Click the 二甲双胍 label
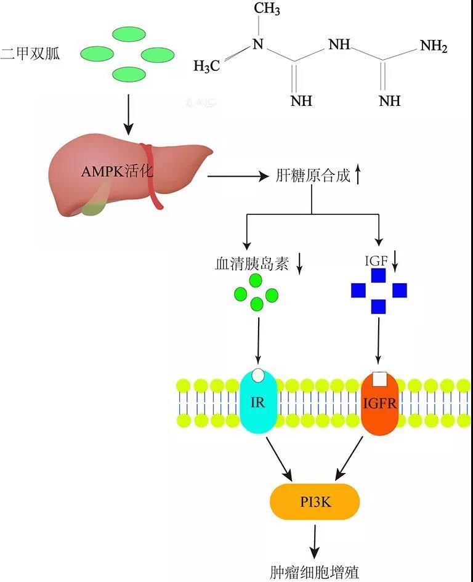tap(30, 53)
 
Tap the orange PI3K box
tap(315, 502)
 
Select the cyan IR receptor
tap(259, 403)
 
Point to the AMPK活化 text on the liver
tap(117, 171)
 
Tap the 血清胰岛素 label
tap(252, 264)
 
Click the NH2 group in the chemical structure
tap(433, 47)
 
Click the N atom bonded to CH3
tap(258, 45)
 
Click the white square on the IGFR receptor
tap(380, 378)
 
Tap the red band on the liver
tap(151, 176)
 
